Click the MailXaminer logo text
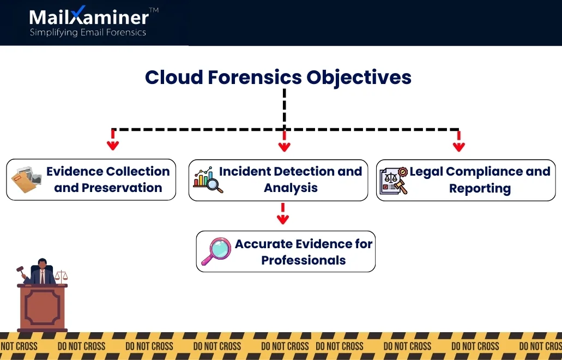click(89, 16)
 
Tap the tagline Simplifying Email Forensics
click(88, 32)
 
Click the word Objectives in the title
click(359, 77)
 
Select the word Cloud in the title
click(174, 77)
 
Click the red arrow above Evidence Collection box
click(113, 140)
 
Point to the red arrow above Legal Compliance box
click(459, 141)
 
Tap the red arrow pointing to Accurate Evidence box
click(283, 214)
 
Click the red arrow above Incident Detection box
click(284, 141)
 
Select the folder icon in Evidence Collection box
click(26, 179)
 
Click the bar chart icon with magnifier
click(208, 179)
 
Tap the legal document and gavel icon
click(394, 181)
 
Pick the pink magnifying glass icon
click(216, 251)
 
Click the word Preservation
click(122, 188)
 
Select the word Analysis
click(291, 188)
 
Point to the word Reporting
click(480, 188)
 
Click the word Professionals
click(304, 260)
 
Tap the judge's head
click(43, 263)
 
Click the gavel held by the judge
click(21, 272)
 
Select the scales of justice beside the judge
click(61, 276)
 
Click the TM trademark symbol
click(154, 10)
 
